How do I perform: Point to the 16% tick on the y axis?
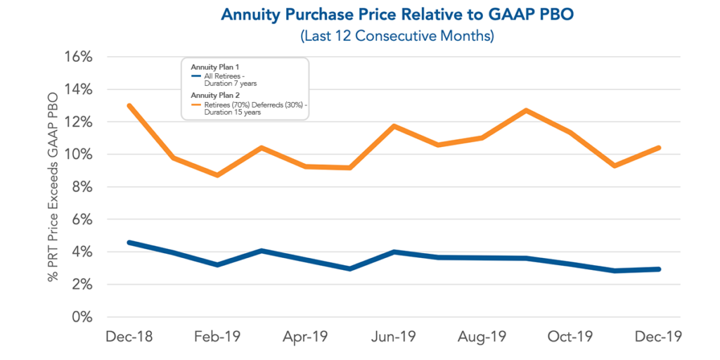click(78, 57)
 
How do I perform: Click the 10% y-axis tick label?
click(78, 155)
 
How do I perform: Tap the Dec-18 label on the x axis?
click(129, 338)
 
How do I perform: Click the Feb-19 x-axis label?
click(217, 338)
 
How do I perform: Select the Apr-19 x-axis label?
click(305, 338)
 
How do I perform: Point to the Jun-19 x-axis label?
click(394, 338)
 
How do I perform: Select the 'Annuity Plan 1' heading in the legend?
click(214, 67)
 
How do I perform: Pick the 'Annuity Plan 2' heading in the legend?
click(214, 95)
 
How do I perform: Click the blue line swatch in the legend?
click(196, 75)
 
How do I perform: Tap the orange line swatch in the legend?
click(196, 104)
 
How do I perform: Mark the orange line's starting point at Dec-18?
click(129, 105)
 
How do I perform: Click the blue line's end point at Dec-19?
click(658, 269)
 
